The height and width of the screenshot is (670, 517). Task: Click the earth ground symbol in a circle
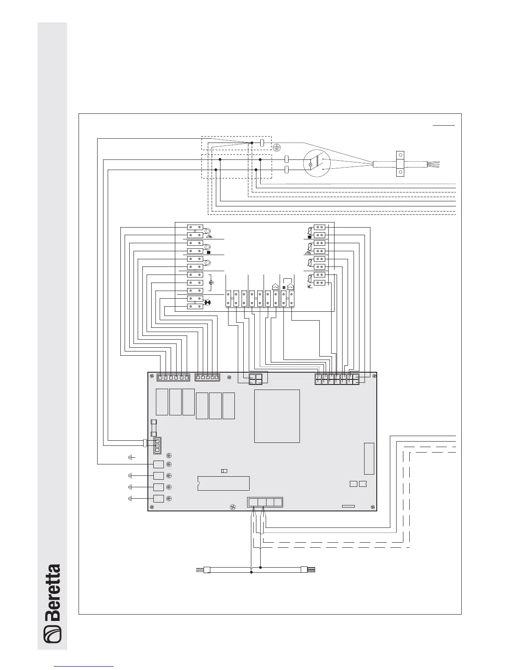point(277,148)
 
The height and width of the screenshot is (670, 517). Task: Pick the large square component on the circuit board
point(277,416)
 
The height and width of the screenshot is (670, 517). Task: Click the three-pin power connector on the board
point(157,445)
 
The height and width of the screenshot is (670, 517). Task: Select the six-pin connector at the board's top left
point(173,377)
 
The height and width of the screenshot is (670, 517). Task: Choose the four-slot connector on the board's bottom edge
point(265,502)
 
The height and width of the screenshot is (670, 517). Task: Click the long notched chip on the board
point(223,483)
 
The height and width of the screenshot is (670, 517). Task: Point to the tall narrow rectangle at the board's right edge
point(369,459)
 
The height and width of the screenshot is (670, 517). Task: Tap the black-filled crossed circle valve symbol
point(207,302)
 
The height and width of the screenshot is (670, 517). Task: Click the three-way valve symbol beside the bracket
point(211,283)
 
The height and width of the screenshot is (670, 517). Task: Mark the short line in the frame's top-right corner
point(444,125)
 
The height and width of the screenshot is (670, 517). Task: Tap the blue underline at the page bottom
point(84,666)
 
